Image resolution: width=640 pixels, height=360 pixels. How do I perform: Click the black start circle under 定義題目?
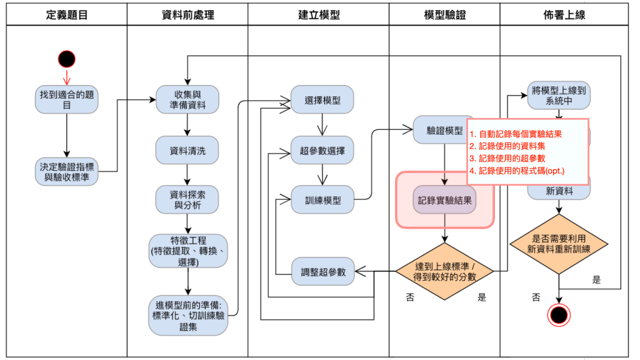67,59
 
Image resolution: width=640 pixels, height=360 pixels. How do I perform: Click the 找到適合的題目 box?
67,100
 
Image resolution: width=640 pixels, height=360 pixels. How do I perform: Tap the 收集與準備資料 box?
187,100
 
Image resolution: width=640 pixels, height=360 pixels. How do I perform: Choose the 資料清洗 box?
187,150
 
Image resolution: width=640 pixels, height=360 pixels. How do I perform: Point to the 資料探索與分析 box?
187,200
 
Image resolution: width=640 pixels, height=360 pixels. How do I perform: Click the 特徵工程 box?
188,251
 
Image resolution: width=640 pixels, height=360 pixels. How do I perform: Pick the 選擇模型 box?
322,100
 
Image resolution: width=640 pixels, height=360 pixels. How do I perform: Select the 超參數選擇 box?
322,151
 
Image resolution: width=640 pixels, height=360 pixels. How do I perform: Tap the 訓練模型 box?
322,200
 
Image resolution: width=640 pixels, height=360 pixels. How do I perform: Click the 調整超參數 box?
322,271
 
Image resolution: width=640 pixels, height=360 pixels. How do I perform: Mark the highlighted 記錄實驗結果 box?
445,200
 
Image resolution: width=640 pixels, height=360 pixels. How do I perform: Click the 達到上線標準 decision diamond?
445,271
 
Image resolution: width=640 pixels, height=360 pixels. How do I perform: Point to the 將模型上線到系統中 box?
559,95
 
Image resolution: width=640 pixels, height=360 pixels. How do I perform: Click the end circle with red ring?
559,314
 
